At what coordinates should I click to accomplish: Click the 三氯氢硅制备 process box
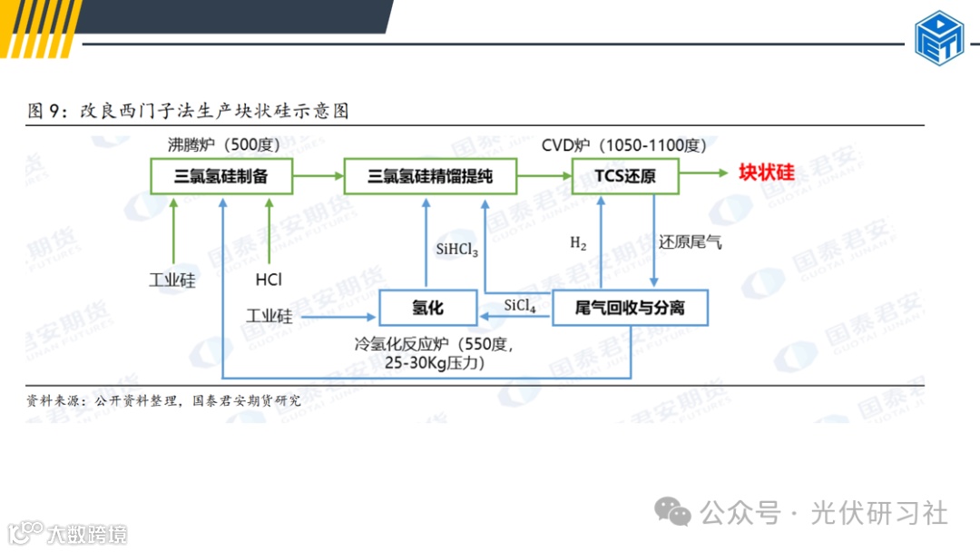pyautogui.click(x=221, y=176)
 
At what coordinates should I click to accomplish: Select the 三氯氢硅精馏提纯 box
pyautogui.click(x=429, y=176)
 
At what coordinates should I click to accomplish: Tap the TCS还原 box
pyautogui.click(x=625, y=176)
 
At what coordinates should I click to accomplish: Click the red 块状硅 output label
pyautogui.click(x=766, y=173)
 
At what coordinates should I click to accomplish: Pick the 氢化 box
pyautogui.click(x=427, y=309)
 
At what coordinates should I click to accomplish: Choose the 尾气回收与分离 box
pyautogui.click(x=630, y=309)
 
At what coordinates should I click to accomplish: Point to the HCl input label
pyautogui.click(x=269, y=280)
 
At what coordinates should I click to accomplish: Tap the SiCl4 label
pyautogui.click(x=520, y=307)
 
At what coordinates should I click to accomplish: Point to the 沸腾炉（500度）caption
pyautogui.click(x=223, y=145)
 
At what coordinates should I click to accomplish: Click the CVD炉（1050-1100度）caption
pyautogui.click(x=623, y=145)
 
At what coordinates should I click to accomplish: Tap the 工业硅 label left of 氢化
pyautogui.click(x=269, y=317)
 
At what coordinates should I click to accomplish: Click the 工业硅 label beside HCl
pyautogui.click(x=171, y=280)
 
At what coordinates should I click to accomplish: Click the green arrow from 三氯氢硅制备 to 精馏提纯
pyautogui.click(x=318, y=175)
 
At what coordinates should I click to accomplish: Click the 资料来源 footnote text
pyautogui.click(x=163, y=399)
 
